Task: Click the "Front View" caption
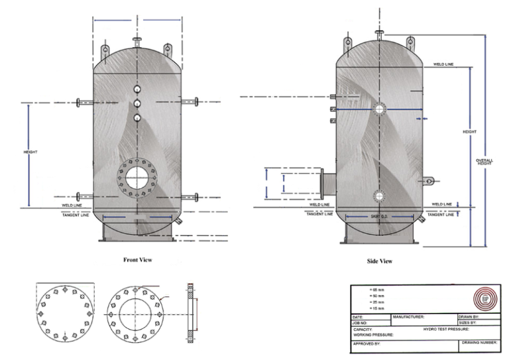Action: (x=137, y=259)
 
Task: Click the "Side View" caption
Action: (x=380, y=261)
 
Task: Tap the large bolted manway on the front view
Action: (x=137, y=178)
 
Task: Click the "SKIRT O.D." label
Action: (x=380, y=217)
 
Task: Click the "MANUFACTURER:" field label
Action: (x=408, y=318)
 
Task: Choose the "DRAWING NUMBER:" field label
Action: (x=479, y=344)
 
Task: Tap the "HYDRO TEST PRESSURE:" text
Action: (x=446, y=329)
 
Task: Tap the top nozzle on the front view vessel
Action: (x=137, y=42)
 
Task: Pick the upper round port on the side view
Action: (x=378, y=109)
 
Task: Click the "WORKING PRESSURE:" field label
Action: (x=375, y=335)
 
